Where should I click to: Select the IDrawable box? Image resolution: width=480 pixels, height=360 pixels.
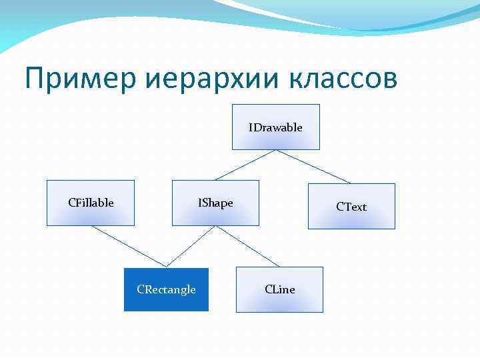point(275,137)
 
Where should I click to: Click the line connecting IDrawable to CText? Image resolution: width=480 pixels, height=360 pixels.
point(313,166)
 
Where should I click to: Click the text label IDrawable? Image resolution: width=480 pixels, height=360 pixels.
point(275,127)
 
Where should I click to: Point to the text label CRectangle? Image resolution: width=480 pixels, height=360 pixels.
point(166,289)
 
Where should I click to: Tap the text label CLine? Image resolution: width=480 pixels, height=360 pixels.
point(279,289)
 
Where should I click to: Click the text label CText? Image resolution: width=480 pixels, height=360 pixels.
point(351,207)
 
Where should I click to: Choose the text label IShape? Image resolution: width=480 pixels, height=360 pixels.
point(215,203)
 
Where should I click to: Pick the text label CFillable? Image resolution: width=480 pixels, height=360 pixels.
point(91,203)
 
